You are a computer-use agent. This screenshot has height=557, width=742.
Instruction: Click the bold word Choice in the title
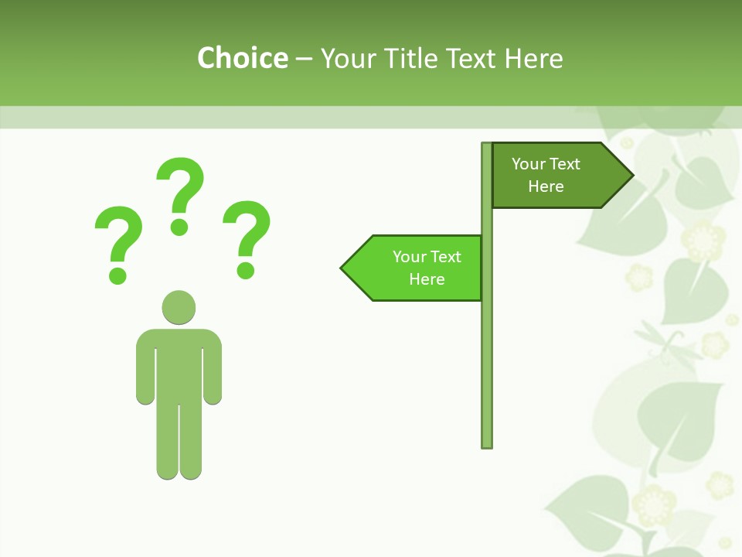[x=242, y=58]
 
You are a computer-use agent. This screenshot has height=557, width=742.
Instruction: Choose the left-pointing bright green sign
[x=417, y=268]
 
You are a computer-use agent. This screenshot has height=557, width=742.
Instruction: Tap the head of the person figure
[x=179, y=307]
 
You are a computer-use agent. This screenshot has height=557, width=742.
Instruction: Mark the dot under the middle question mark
[x=179, y=227]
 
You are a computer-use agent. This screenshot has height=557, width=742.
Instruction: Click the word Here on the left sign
[x=427, y=279]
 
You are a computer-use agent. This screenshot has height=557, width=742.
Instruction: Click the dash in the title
[x=304, y=58]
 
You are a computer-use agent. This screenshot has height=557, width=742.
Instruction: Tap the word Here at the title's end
[x=533, y=58]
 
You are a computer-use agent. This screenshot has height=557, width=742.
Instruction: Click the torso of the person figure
[x=179, y=364]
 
